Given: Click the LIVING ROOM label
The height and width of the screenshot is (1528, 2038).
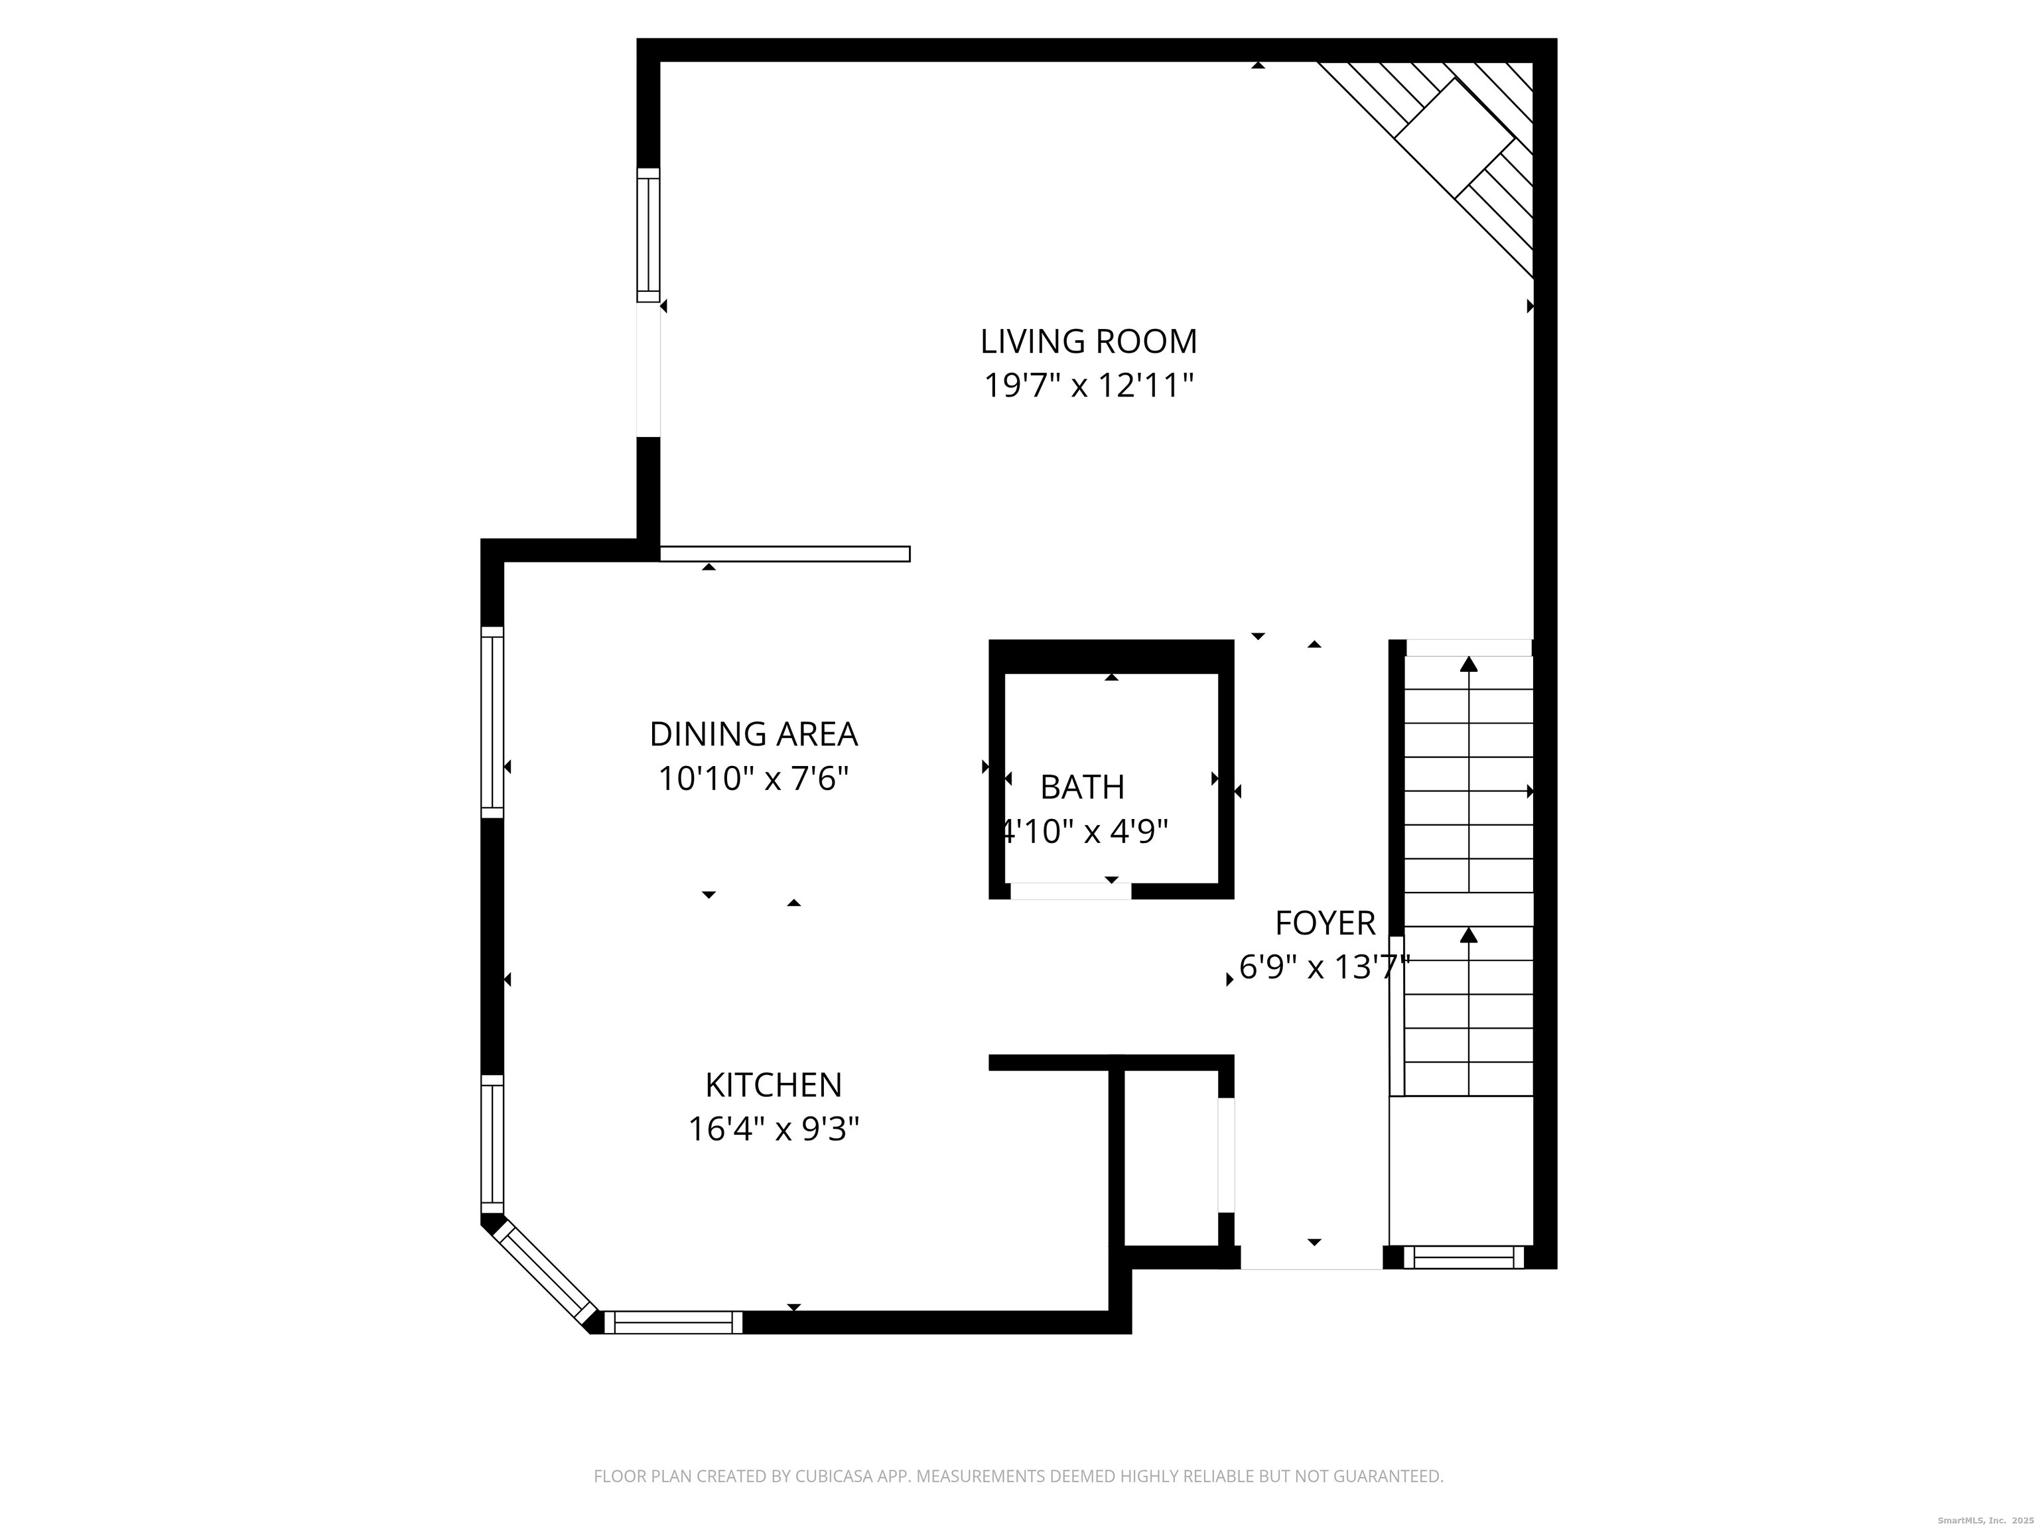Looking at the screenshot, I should tap(1088, 342).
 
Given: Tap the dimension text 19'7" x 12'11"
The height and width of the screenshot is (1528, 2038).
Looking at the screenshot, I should tap(1088, 386).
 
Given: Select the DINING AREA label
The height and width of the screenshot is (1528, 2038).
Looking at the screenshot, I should tap(754, 734).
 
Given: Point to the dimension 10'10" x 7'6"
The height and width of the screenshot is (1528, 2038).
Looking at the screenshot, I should tap(754, 779).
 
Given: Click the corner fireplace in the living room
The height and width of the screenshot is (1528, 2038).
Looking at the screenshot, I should tap(1454, 138).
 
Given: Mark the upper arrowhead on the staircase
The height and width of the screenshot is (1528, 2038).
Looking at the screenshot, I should tap(1469, 664).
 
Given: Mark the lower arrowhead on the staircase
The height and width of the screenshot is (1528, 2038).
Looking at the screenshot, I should tap(1469, 935).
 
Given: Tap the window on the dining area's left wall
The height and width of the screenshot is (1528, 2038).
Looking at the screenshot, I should tap(493, 722).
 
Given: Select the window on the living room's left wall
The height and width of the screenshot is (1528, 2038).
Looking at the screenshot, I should tap(649, 235).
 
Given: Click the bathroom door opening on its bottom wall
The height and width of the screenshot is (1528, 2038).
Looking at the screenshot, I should tap(1071, 891).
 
